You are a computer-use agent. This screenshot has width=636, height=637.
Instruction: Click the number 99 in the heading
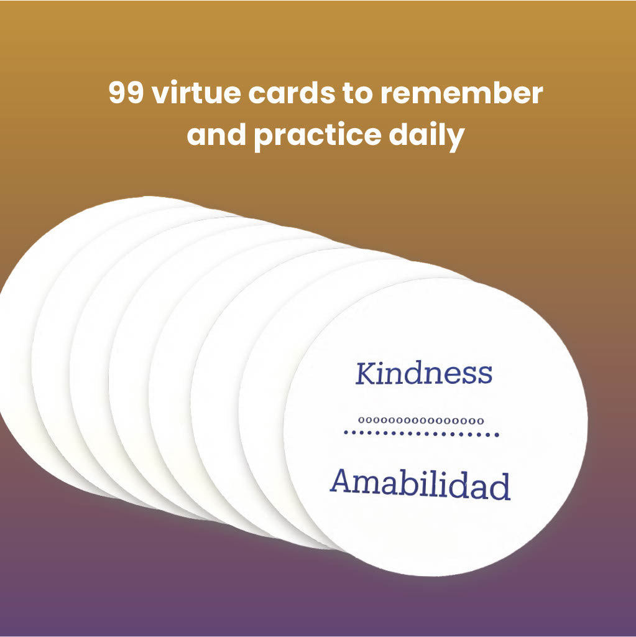[x=127, y=94]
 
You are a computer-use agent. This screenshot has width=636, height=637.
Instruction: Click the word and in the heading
[x=217, y=136]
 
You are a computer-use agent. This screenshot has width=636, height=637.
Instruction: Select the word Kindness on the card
[x=423, y=373]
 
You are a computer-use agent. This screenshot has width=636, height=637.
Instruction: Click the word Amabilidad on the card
[x=420, y=485]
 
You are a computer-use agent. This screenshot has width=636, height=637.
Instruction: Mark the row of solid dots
[x=422, y=434]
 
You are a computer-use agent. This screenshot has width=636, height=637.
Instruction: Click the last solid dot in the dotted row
[x=497, y=434]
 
